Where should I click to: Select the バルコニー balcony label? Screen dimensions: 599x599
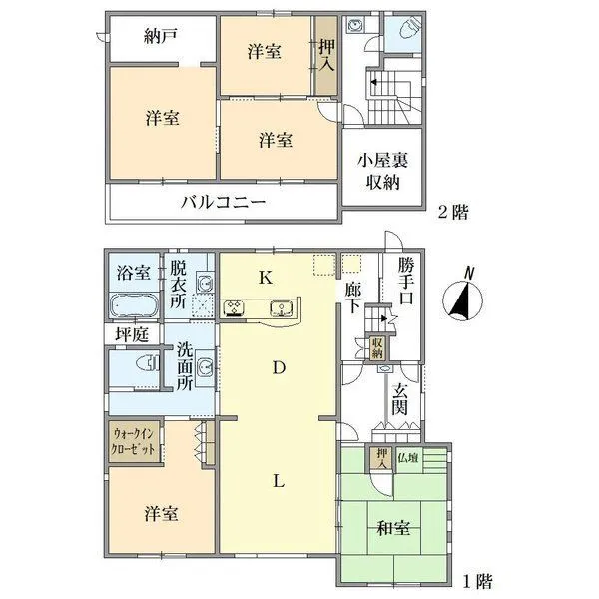pyautogui.click(x=222, y=202)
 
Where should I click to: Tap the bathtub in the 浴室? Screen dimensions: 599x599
pyautogui.click(x=134, y=305)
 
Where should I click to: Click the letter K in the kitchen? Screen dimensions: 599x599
pyautogui.click(x=266, y=278)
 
